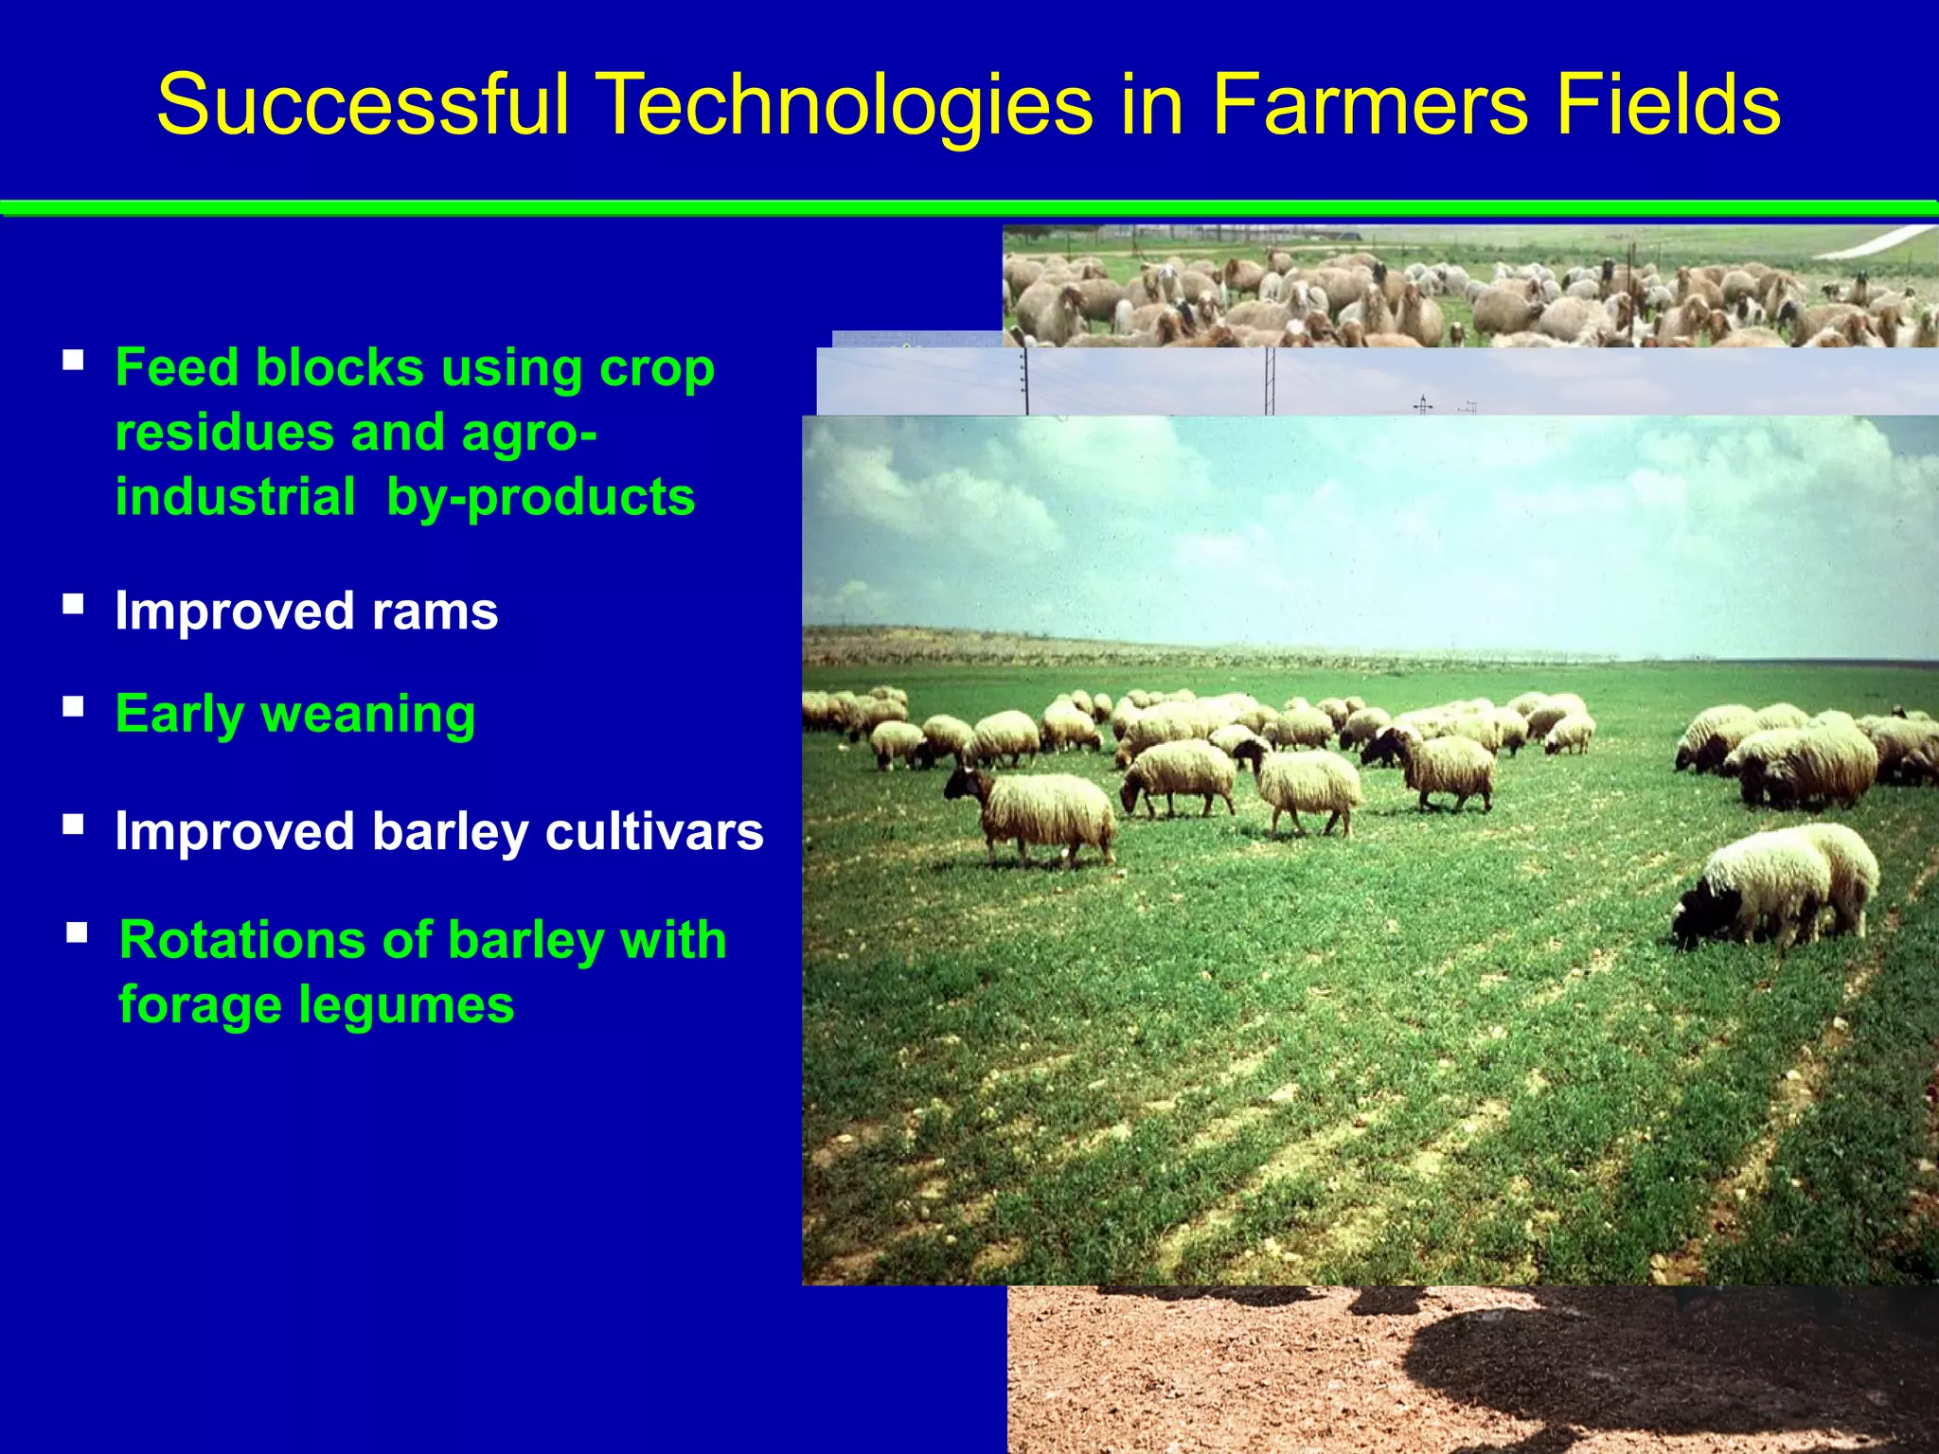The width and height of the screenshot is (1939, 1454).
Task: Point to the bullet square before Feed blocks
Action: (74, 361)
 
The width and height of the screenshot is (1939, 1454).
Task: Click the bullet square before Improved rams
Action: (74, 604)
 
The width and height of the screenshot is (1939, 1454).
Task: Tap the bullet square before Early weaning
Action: (74, 707)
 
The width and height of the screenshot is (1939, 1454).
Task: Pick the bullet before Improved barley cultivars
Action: (74, 824)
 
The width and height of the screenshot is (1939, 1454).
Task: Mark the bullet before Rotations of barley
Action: (78, 933)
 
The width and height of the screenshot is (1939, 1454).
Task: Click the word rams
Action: (435, 612)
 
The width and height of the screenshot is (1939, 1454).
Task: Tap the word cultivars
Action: (654, 831)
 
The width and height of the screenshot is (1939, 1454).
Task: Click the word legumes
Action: (406, 1005)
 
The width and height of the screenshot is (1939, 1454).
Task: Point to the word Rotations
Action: (242, 941)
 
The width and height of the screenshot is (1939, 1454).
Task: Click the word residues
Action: (224, 433)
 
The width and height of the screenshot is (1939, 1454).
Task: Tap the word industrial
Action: (235, 497)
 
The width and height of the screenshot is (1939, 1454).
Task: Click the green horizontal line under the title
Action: (969, 208)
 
